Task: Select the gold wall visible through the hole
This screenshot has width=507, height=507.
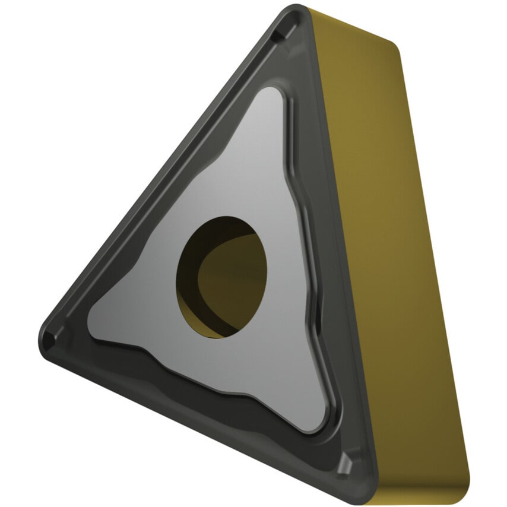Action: coord(235,279)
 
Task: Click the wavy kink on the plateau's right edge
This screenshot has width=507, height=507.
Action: coord(300,172)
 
